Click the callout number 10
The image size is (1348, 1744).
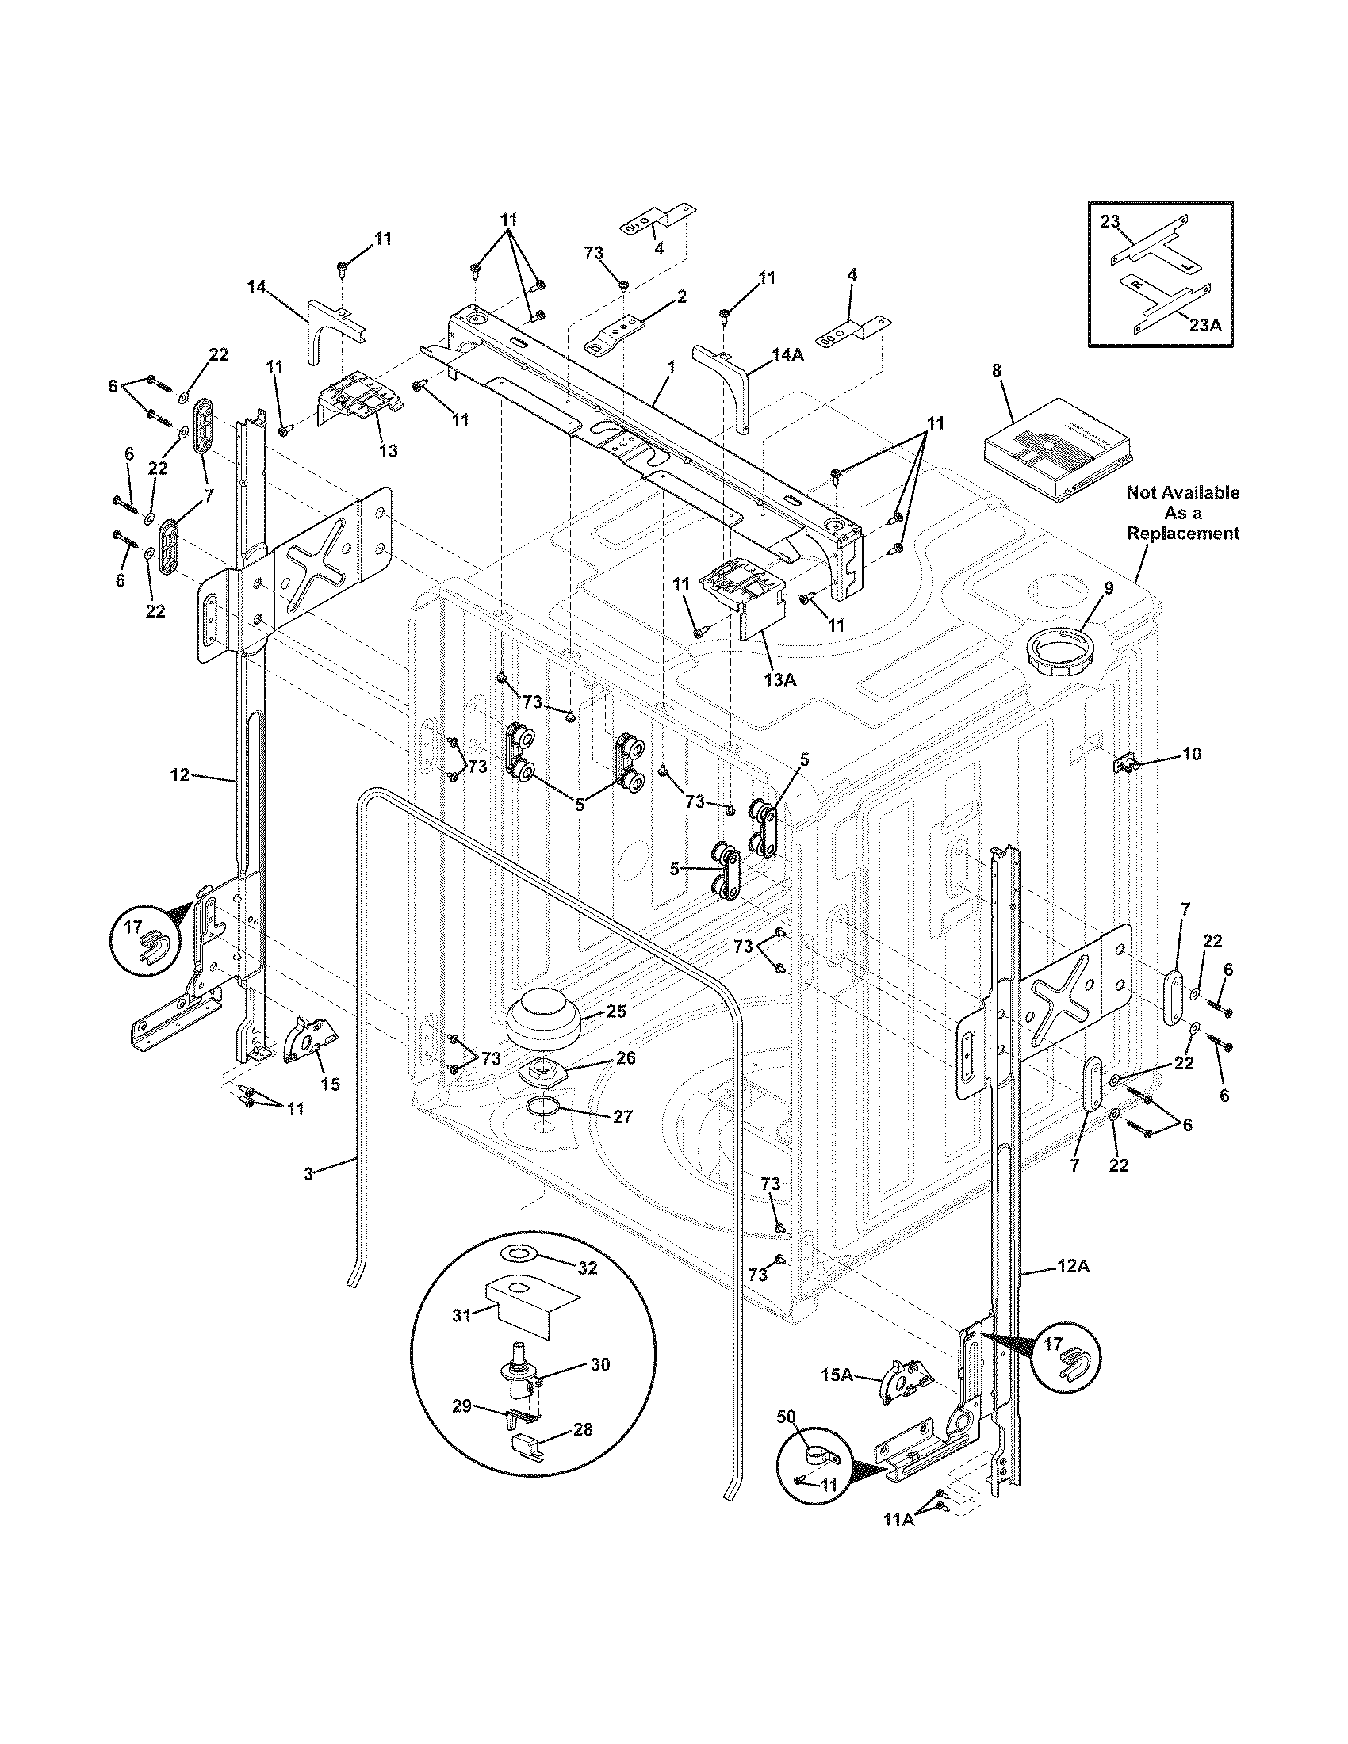tap(1190, 753)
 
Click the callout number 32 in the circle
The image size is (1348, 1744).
tap(587, 1269)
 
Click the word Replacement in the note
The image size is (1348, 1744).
tap(1183, 534)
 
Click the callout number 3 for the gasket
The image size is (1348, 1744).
tap(308, 1172)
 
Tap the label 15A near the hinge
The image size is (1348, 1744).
tap(838, 1375)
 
